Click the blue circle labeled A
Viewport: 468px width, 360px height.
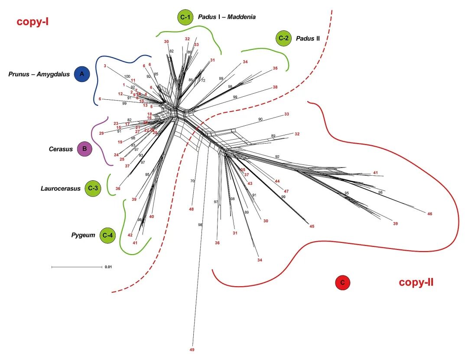point(81,74)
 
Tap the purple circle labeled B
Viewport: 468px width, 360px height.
point(84,149)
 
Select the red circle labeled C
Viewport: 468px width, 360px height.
point(342,283)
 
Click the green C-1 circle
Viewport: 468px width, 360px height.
point(185,17)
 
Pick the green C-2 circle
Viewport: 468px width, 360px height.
point(283,39)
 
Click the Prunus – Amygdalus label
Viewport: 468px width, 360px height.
point(39,74)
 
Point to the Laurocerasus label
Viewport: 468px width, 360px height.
point(61,188)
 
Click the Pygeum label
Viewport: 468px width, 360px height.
point(83,235)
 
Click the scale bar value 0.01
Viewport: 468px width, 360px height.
point(108,267)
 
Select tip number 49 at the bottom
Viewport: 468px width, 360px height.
point(192,349)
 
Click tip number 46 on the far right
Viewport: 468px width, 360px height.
point(429,214)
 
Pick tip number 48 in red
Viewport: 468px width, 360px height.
point(191,209)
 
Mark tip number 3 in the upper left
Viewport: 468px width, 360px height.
point(105,66)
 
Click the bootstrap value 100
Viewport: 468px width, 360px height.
point(127,76)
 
